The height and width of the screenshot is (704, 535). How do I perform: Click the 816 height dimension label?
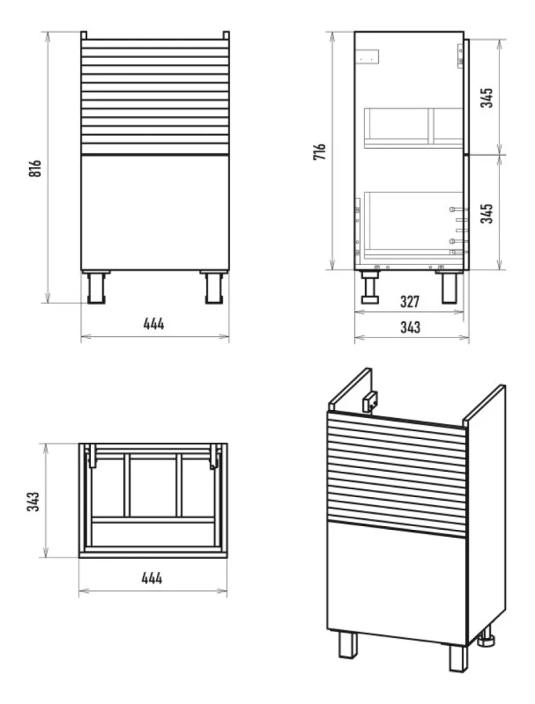click(x=35, y=168)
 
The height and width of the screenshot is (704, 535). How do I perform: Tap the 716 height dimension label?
click(x=319, y=152)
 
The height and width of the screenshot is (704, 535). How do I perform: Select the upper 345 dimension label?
click(x=486, y=97)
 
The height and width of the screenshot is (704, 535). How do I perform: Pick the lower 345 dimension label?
click(x=486, y=213)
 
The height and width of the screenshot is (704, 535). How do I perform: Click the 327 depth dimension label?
click(x=409, y=301)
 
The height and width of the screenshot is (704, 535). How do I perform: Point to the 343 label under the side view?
click(x=410, y=327)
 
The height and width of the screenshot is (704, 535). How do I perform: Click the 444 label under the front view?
click(x=154, y=324)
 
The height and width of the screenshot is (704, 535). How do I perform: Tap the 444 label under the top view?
click(x=152, y=578)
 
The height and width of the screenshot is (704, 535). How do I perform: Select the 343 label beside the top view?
click(x=33, y=502)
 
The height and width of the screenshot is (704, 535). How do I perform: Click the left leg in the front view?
click(x=96, y=287)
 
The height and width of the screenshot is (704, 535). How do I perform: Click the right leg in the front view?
click(x=214, y=287)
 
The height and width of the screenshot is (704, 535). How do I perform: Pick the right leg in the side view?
click(x=449, y=287)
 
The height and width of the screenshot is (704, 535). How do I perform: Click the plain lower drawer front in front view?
click(x=155, y=213)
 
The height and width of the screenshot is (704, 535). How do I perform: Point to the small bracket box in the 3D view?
click(x=370, y=401)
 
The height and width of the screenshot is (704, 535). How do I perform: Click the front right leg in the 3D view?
click(x=459, y=658)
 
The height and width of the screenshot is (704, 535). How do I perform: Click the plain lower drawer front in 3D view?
click(x=397, y=584)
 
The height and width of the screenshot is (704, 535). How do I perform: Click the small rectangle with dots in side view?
click(x=367, y=57)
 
